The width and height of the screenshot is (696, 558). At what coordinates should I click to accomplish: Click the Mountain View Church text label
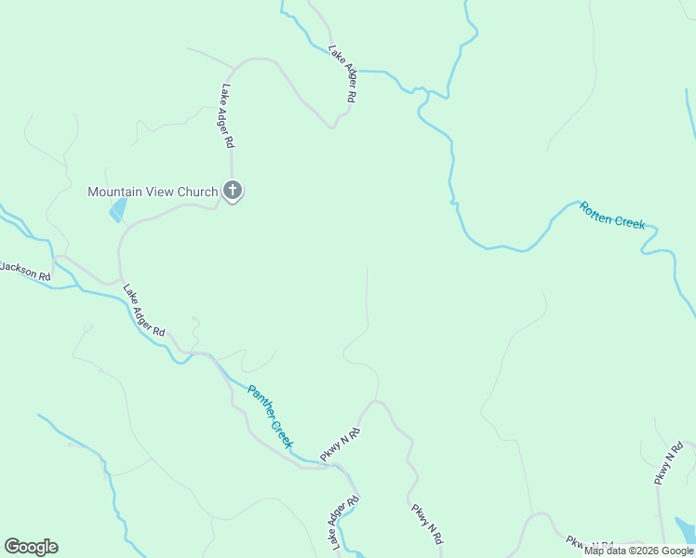(x=153, y=193)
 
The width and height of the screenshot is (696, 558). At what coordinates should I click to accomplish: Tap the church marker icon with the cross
(x=233, y=192)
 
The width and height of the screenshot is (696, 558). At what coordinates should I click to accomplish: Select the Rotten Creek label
(x=612, y=215)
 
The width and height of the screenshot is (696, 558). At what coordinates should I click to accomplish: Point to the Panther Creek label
(x=270, y=416)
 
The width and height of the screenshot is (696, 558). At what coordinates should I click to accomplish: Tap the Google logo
(x=32, y=547)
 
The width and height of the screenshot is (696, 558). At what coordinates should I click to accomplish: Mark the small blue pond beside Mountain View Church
(x=117, y=210)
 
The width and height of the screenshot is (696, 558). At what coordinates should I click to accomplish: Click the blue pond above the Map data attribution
(x=685, y=529)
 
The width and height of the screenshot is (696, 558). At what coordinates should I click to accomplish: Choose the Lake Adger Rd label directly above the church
(x=227, y=117)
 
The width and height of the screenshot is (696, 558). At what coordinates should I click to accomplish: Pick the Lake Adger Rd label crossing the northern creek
(x=341, y=73)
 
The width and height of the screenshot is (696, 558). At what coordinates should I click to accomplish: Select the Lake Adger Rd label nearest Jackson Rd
(x=143, y=311)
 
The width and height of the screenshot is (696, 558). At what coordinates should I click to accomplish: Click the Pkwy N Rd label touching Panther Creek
(x=340, y=445)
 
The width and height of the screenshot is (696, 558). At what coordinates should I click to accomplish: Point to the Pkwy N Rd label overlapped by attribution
(x=590, y=544)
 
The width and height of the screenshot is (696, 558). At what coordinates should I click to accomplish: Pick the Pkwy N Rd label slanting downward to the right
(x=426, y=523)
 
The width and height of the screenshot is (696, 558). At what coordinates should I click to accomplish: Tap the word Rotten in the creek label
(x=597, y=209)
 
